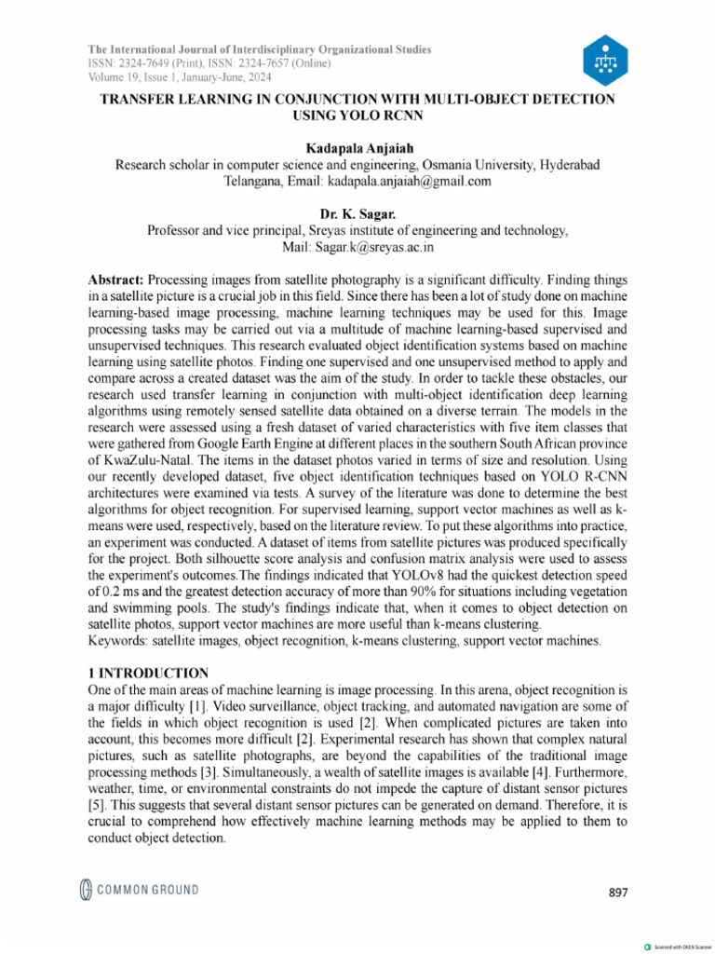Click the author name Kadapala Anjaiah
click(357, 149)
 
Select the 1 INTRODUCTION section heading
click(148, 674)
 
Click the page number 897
click(618, 893)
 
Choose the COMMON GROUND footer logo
click(138, 890)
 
